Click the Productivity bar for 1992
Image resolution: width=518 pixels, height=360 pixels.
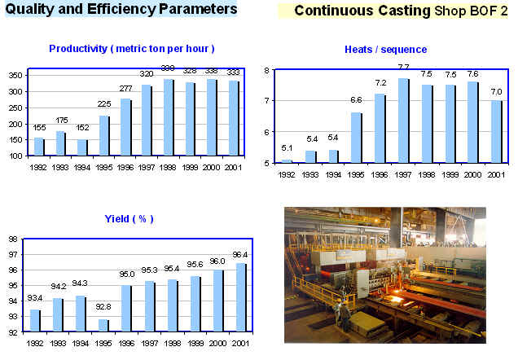tap(38, 147)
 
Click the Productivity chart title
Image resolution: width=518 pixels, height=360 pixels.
tap(131, 49)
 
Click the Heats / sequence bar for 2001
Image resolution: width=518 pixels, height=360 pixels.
tap(496, 131)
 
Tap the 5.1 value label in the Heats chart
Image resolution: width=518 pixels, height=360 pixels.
tap(288, 147)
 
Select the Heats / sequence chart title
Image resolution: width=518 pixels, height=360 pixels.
tap(385, 50)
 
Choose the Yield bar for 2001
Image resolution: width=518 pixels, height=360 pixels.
tap(241, 297)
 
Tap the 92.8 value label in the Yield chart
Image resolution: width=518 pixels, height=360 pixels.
tap(103, 307)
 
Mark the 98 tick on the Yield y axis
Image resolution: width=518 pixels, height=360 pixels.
tap(12, 239)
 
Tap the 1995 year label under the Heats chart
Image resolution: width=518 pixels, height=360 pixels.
tap(356, 173)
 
